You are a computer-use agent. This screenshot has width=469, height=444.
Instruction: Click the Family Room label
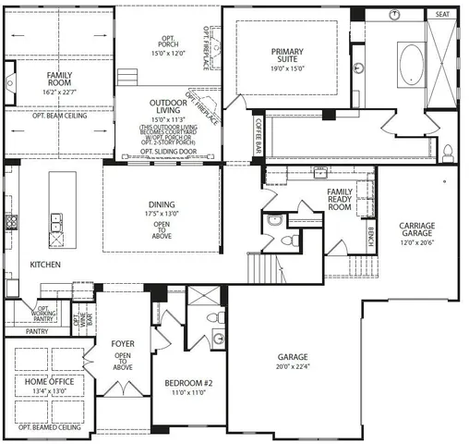point(60,78)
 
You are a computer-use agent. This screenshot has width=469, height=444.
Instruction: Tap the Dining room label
point(162,206)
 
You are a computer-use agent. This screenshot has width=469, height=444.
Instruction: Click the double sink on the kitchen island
point(55,221)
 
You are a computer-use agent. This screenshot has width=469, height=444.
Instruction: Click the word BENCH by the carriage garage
point(371,238)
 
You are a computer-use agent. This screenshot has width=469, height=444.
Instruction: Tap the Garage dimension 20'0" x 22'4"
point(292,367)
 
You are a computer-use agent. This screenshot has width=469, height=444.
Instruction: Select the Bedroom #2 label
point(189,383)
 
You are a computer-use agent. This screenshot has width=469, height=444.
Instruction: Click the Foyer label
point(124,345)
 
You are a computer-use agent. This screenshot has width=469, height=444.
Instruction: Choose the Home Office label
point(48,381)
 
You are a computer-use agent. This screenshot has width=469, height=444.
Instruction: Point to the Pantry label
point(38,331)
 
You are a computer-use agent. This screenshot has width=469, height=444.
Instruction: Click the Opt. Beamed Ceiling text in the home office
point(48,428)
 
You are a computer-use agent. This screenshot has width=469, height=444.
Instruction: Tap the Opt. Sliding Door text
point(162,152)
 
